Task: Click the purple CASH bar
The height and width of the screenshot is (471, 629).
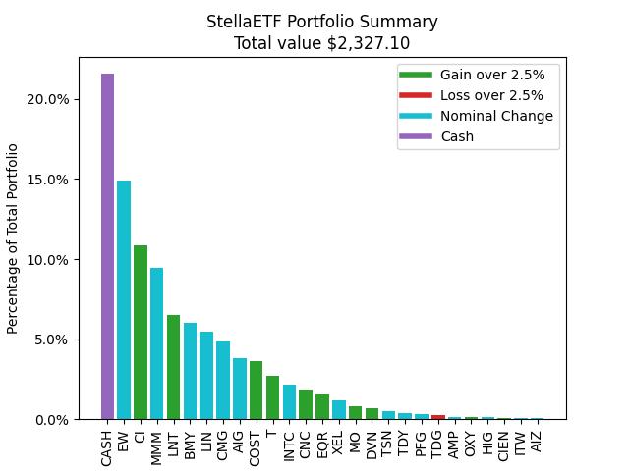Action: tap(107, 246)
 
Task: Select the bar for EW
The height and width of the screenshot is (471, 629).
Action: tap(124, 299)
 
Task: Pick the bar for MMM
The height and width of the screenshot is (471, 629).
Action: tap(157, 343)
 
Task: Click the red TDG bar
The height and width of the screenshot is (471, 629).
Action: tap(438, 417)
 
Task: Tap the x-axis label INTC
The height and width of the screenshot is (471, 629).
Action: tap(289, 444)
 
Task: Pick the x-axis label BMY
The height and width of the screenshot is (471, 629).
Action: tap(191, 445)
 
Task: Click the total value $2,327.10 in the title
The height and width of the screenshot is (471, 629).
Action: tap(368, 42)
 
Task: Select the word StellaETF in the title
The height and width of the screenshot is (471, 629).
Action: tap(243, 22)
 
